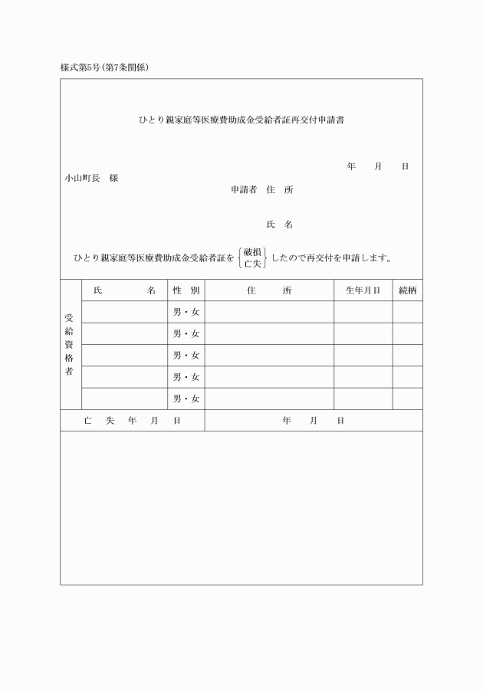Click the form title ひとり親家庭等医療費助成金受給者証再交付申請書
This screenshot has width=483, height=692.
tap(241, 120)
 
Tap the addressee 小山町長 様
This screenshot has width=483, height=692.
tap(91, 178)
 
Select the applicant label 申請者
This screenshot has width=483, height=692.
tap(244, 189)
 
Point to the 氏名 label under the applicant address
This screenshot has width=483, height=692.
tap(279, 225)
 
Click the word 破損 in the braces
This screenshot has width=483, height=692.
tap(253, 251)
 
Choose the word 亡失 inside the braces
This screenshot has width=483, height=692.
tap(253, 264)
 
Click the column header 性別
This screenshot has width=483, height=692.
tap(186, 290)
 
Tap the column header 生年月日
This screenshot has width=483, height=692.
tap(363, 290)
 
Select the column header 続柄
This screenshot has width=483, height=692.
tap(407, 290)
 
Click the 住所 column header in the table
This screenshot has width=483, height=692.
tap(269, 290)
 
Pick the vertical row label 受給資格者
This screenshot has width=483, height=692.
tap(71, 344)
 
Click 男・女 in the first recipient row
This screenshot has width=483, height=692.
tap(186, 312)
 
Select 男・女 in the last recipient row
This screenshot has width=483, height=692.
tap(186, 398)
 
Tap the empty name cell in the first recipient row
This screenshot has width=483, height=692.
tap(124, 312)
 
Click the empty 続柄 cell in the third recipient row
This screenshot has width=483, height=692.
tap(407, 356)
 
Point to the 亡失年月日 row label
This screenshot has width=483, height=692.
tap(132, 421)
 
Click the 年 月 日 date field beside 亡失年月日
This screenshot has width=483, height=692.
tap(313, 421)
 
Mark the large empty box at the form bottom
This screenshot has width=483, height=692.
tap(241, 507)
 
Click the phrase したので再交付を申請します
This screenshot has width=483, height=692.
tap(332, 257)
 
